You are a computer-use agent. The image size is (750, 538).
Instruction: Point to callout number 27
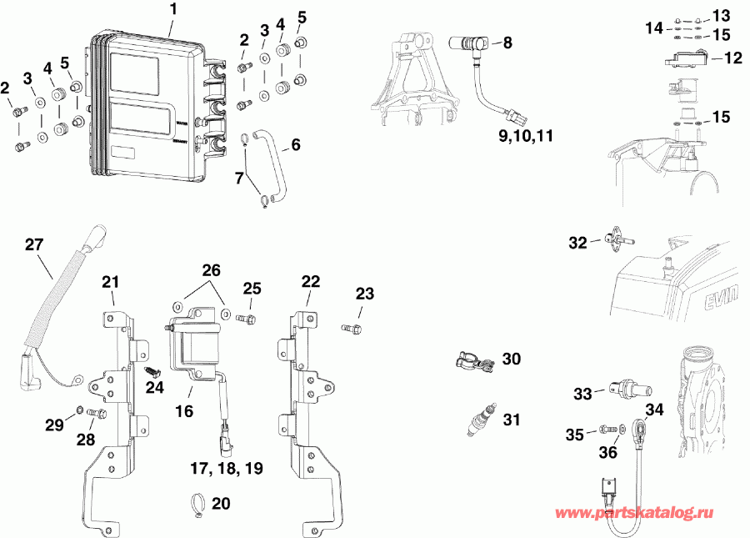33,244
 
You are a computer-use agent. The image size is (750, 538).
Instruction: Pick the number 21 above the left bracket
112,282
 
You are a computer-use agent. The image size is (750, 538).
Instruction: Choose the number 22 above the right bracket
310,282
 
